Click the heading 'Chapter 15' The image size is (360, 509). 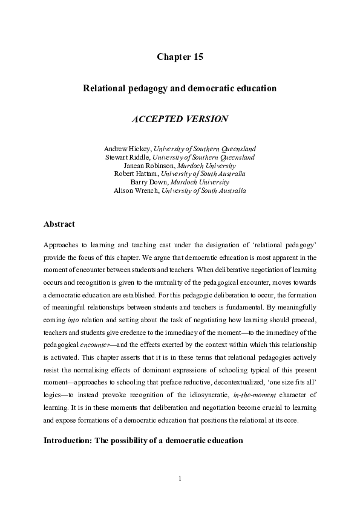click(x=180, y=57)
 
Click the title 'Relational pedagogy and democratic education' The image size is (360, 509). click(x=180, y=88)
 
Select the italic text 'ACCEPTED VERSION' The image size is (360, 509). click(x=180, y=119)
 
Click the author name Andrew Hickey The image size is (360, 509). click(x=128, y=148)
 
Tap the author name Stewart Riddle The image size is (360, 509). click(x=128, y=157)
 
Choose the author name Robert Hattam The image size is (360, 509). click(x=133, y=173)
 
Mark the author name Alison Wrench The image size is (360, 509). click(x=132, y=190)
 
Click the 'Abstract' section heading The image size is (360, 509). click(x=59, y=224)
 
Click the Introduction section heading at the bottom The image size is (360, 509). click(x=143, y=440)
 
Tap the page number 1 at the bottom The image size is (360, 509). click(x=180, y=479)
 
